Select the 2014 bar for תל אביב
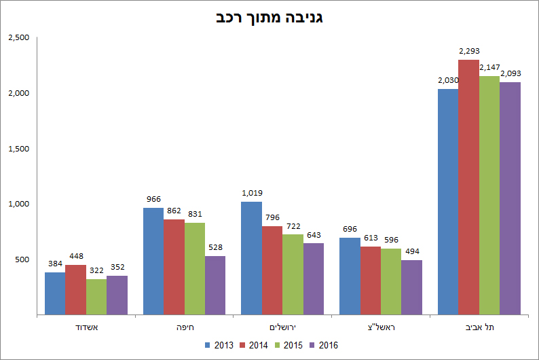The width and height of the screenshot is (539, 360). click(x=468, y=187)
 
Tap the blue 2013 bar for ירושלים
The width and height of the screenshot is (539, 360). click(x=251, y=258)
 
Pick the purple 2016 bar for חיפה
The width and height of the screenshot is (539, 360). click(x=215, y=285)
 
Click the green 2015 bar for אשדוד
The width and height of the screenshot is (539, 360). click(x=96, y=297)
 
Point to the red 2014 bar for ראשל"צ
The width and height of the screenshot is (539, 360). click(x=370, y=281)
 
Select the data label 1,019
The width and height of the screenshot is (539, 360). click(x=252, y=193)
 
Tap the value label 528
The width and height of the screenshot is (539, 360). click(x=215, y=247)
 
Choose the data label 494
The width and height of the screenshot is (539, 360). click(x=411, y=251)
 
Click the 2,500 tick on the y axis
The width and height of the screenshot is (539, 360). click(x=18, y=37)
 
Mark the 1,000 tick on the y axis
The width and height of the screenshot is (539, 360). click(x=18, y=204)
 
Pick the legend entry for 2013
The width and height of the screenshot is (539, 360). click(x=219, y=345)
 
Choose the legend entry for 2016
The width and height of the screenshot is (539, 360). click(x=323, y=345)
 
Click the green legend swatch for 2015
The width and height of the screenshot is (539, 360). click(x=279, y=345)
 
